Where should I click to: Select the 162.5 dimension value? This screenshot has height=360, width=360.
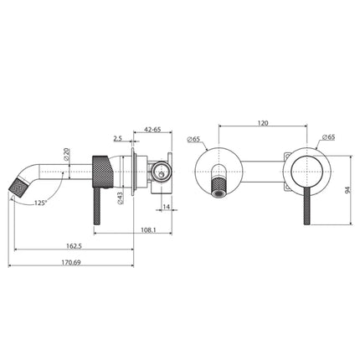pos(73,246)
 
